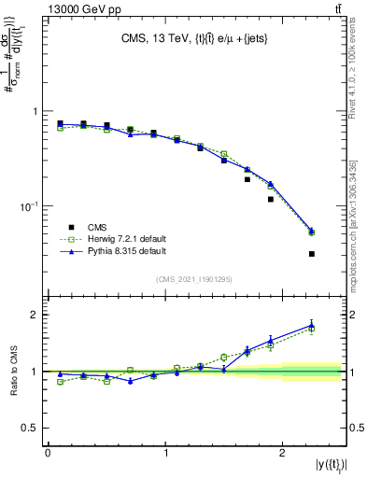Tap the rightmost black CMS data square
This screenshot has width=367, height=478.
[x=312, y=254]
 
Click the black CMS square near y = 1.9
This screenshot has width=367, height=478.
[x=271, y=199]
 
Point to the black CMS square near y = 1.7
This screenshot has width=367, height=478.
[x=247, y=179]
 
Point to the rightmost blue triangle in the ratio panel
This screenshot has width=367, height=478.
[x=312, y=325]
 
